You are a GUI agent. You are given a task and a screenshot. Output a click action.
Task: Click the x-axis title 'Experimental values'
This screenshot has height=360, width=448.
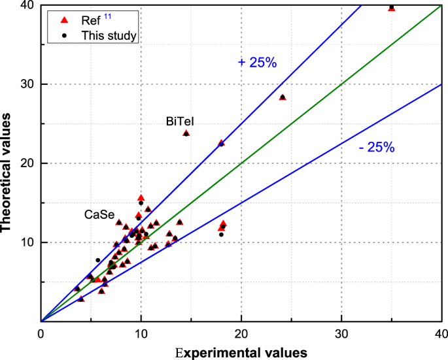(241, 352)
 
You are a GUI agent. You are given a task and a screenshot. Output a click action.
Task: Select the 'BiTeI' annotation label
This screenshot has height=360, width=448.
(180, 121)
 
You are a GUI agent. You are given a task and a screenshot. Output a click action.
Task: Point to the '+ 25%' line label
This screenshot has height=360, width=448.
(258, 62)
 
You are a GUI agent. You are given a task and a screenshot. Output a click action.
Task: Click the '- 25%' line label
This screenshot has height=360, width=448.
(377, 148)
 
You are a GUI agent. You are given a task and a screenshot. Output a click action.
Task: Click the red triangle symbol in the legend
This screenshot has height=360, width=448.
(63, 20)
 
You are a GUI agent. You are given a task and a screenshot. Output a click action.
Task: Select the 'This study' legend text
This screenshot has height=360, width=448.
(109, 35)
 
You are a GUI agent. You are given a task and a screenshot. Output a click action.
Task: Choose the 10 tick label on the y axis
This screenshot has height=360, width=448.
(30, 242)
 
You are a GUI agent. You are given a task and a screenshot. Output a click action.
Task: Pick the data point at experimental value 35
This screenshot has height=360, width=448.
(392, 8)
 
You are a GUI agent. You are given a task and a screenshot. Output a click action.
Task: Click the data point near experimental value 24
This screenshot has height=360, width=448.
(283, 97)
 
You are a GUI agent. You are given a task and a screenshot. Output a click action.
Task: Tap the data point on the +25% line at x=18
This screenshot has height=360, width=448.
(221, 143)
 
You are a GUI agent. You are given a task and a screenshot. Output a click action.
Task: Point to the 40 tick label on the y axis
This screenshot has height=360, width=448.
(30, 6)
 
